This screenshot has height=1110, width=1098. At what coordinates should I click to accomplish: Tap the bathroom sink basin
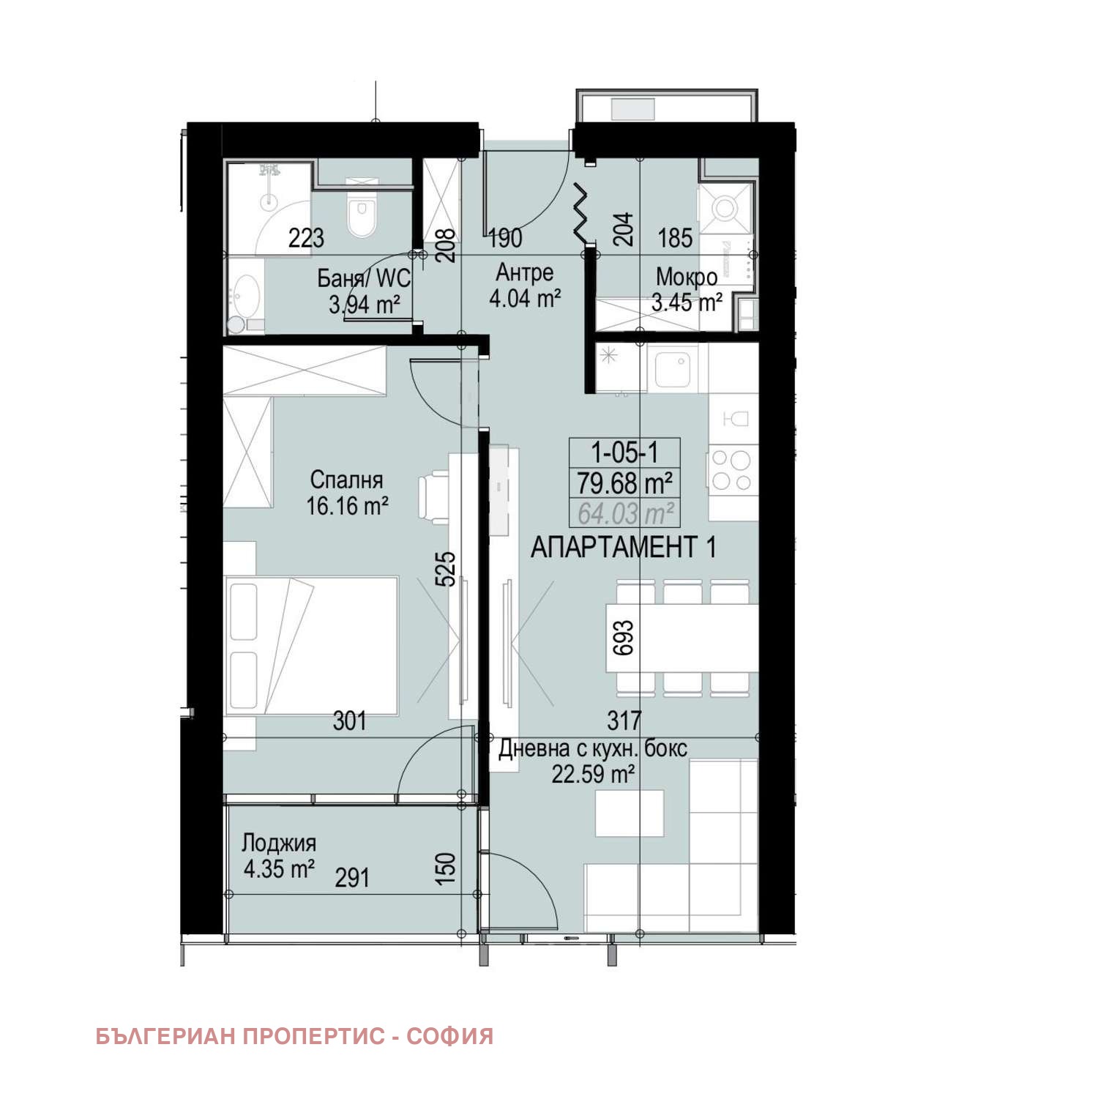coord(245,294)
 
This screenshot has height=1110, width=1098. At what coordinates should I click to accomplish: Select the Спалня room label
coord(346,480)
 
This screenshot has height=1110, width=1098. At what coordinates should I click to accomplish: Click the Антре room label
coord(524,272)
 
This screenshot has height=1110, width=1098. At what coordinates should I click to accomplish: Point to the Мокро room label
coord(686,277)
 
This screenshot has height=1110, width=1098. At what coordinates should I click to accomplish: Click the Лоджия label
coord(279,843)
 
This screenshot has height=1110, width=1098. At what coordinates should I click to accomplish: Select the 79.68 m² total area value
coord(624,483)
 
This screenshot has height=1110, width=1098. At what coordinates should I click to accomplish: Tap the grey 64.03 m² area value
coord(624,513)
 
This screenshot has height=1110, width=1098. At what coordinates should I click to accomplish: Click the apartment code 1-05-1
coord(624,452)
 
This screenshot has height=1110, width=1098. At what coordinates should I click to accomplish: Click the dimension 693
coord(624,637)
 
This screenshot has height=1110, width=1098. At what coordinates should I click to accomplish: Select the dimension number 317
coord(624,721)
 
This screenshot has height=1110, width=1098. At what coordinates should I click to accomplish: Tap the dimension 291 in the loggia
coord(352,877)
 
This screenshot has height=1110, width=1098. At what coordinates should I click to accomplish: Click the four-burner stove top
coord(731,470)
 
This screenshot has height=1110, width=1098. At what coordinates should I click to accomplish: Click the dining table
coord(681,638)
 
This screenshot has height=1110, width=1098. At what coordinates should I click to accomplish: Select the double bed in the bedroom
coord(312,645)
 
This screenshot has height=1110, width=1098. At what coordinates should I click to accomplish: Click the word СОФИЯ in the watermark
coord(450,1037)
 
